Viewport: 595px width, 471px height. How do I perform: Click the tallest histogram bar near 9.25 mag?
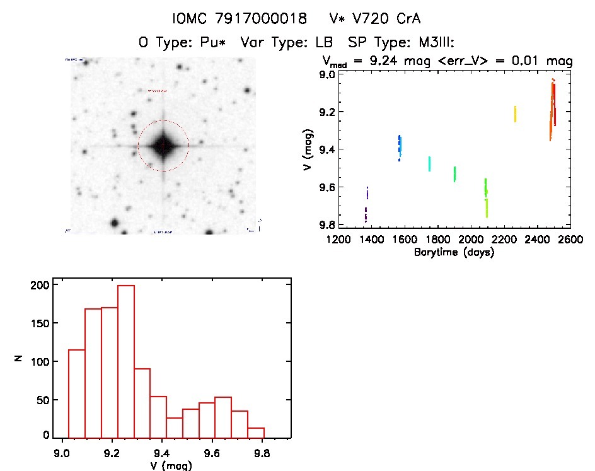[126, 361]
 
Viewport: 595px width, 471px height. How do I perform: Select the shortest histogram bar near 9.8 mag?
[256, 433]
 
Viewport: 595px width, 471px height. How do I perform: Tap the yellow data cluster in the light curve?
[515, 114]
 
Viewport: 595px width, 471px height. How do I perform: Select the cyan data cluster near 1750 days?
[429, 164]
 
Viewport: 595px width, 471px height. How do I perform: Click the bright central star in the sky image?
[163, 146]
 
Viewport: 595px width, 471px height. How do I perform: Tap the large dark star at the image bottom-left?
[115, 223]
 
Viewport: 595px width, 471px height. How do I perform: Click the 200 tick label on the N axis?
[39, 286]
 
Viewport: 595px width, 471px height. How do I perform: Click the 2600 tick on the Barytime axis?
[570, 240]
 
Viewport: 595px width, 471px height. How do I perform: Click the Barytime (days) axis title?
[454, 252]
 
